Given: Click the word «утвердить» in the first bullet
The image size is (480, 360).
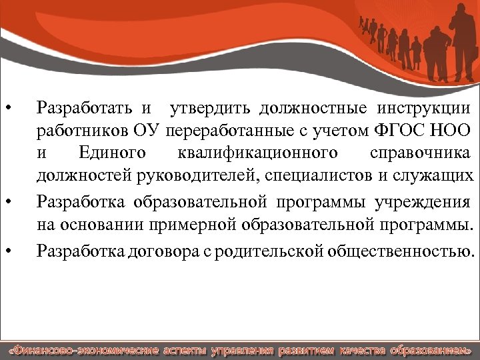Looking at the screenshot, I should point(203,107).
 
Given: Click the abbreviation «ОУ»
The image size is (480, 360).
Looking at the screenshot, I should point(148,130).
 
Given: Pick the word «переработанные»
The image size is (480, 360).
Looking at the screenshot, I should point(223,130).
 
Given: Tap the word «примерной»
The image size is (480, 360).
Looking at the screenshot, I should point(213,225).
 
